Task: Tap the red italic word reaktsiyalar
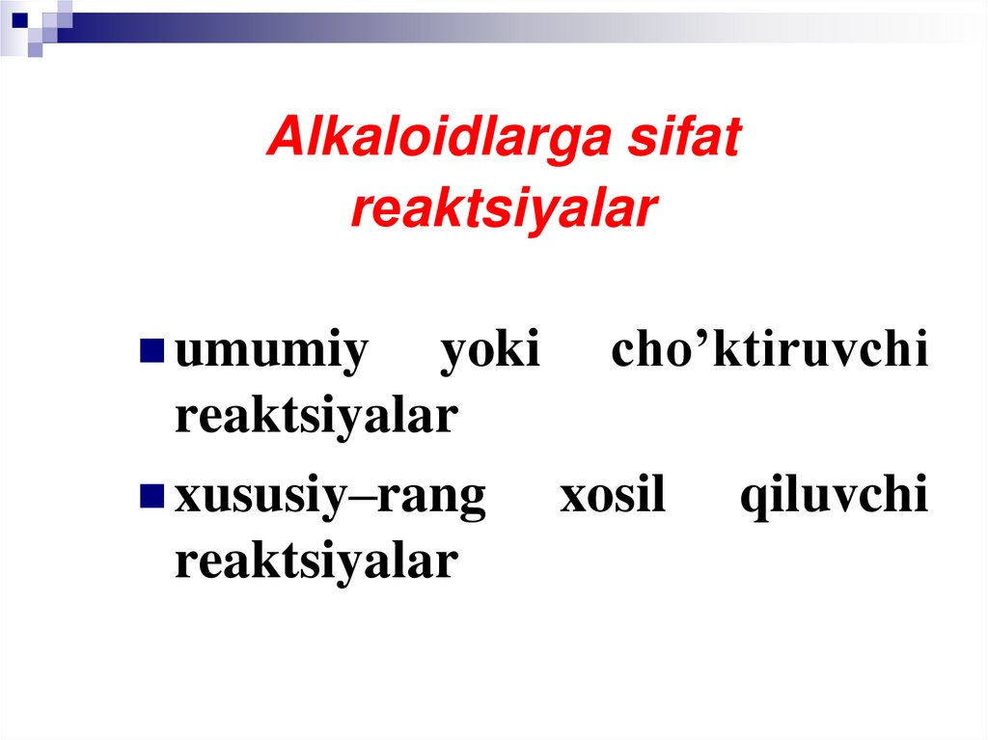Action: click(503, 209)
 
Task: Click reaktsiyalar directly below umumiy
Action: click(316, 417)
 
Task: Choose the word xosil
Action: click(613, 497)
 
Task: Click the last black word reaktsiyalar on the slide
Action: click(316, 562)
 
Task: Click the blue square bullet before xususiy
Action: click(151, 495)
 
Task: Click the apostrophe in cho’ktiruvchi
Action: click(703, 341)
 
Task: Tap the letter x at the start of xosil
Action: click(571, 499)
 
